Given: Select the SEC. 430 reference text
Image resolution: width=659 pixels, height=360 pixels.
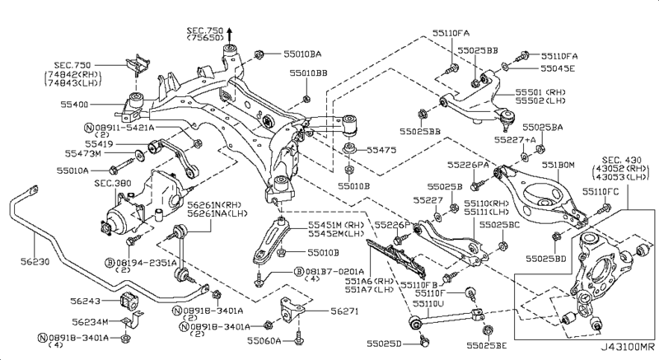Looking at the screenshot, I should click(624, 160).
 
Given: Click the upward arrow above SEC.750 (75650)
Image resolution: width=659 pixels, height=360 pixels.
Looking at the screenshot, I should click(231, 32).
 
